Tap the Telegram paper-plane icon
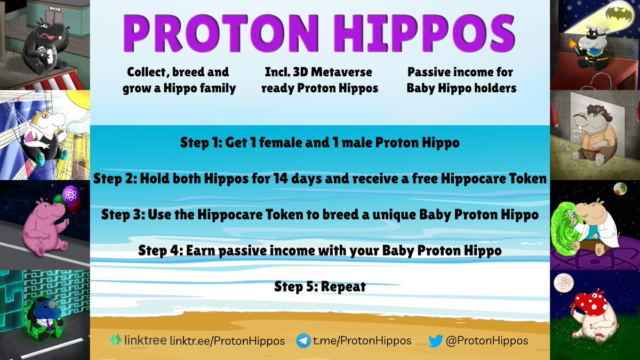pos(303,340)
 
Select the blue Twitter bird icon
pos(435,340)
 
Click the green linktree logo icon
pos(115,340)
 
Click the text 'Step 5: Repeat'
pos(320,286)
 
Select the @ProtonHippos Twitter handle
pos(487,340)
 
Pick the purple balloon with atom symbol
pos(70,195)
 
